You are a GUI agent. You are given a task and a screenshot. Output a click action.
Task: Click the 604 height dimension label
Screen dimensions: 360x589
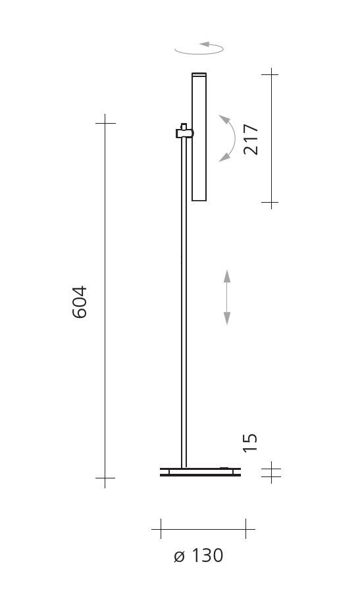coord(79,302)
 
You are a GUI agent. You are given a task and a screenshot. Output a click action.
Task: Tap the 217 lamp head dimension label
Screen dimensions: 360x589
coord(251,140)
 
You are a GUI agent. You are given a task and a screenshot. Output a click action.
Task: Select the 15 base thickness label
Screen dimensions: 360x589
coord(250,443)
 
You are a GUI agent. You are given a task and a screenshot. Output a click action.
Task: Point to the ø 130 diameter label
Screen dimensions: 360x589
coord(199,556)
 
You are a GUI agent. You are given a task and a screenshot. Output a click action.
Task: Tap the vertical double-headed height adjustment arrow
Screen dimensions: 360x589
coord(227,297)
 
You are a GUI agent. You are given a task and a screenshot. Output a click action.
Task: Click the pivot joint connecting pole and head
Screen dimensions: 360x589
coord(184,132)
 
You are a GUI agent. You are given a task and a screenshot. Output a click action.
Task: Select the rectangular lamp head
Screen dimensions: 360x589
coord(199,137)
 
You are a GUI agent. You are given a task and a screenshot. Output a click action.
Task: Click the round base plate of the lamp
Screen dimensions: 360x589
coord(200,472)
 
